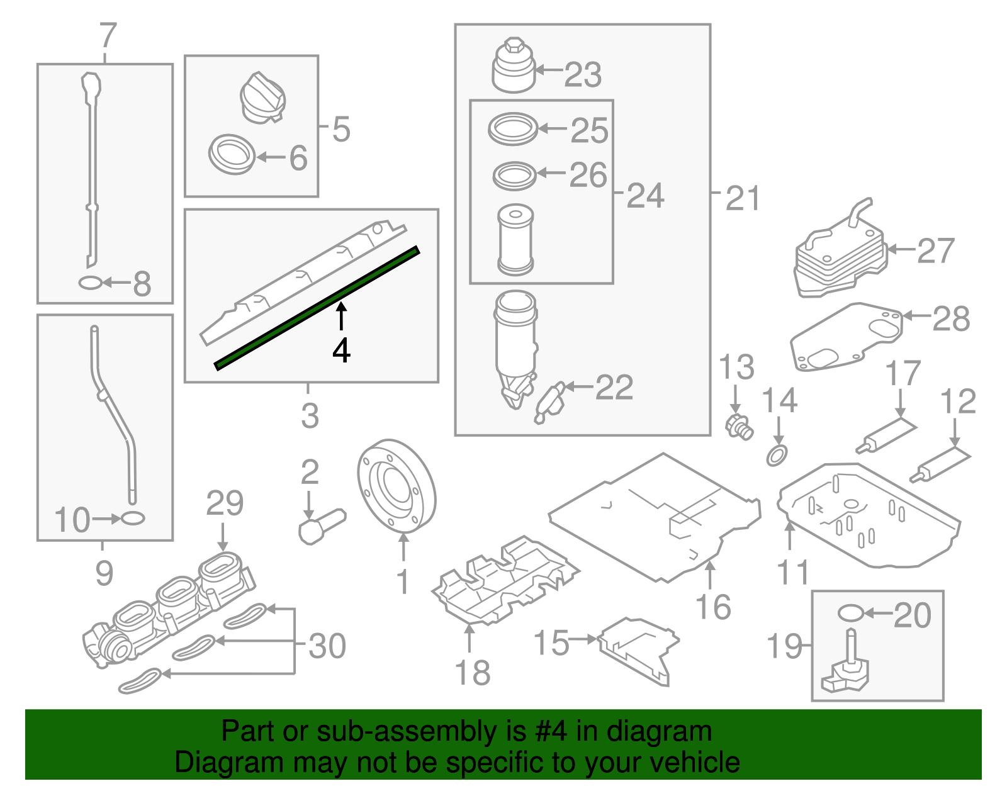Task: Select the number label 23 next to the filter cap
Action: pyautogui.click(x=583, y=75)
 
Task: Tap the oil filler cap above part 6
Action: pyautogui.click(x=262, y=98)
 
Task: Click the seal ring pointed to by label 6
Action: pyautogui.click(x=232, y=154)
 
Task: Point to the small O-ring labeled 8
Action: pyautogui.click(x=90, y=283)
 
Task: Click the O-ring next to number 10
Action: pyautogui.click(x=132, y=519)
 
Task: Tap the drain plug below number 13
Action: pyautogui.click(x=739, y=426)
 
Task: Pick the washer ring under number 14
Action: pyautogui.click(x=777, y=454)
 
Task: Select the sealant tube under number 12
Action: pyautogui.click(x=940, y=465)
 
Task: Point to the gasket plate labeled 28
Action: pyautogui.click(x=847, y=338)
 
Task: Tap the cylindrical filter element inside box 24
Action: pyautogui.click(x=515, y=240)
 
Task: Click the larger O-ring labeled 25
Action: pyautogui.click(x=513, y=129)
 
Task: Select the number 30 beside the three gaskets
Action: pyautogui.click(x=327, y=646)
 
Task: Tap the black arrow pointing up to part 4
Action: pyautogui.click(x=340, y=316)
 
